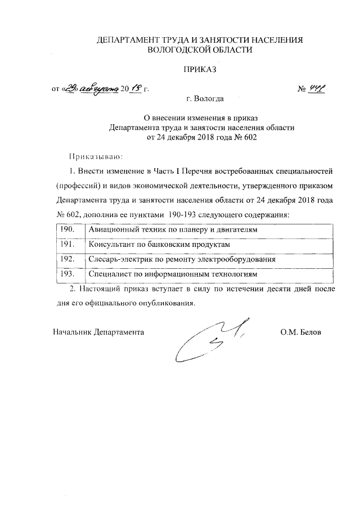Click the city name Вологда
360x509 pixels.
[209, 99]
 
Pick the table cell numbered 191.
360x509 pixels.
[68, 245]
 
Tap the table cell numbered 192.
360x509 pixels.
[68, 259]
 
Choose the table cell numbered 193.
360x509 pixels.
[68, 274]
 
